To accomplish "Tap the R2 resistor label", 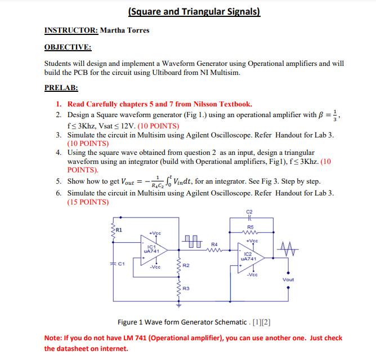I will (186, 264).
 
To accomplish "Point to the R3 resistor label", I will (186, 288).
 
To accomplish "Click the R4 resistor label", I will (214, 244).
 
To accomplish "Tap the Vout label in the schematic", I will (288, 279).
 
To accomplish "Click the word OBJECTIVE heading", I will (68, 47).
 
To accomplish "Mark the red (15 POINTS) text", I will (88, 202).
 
